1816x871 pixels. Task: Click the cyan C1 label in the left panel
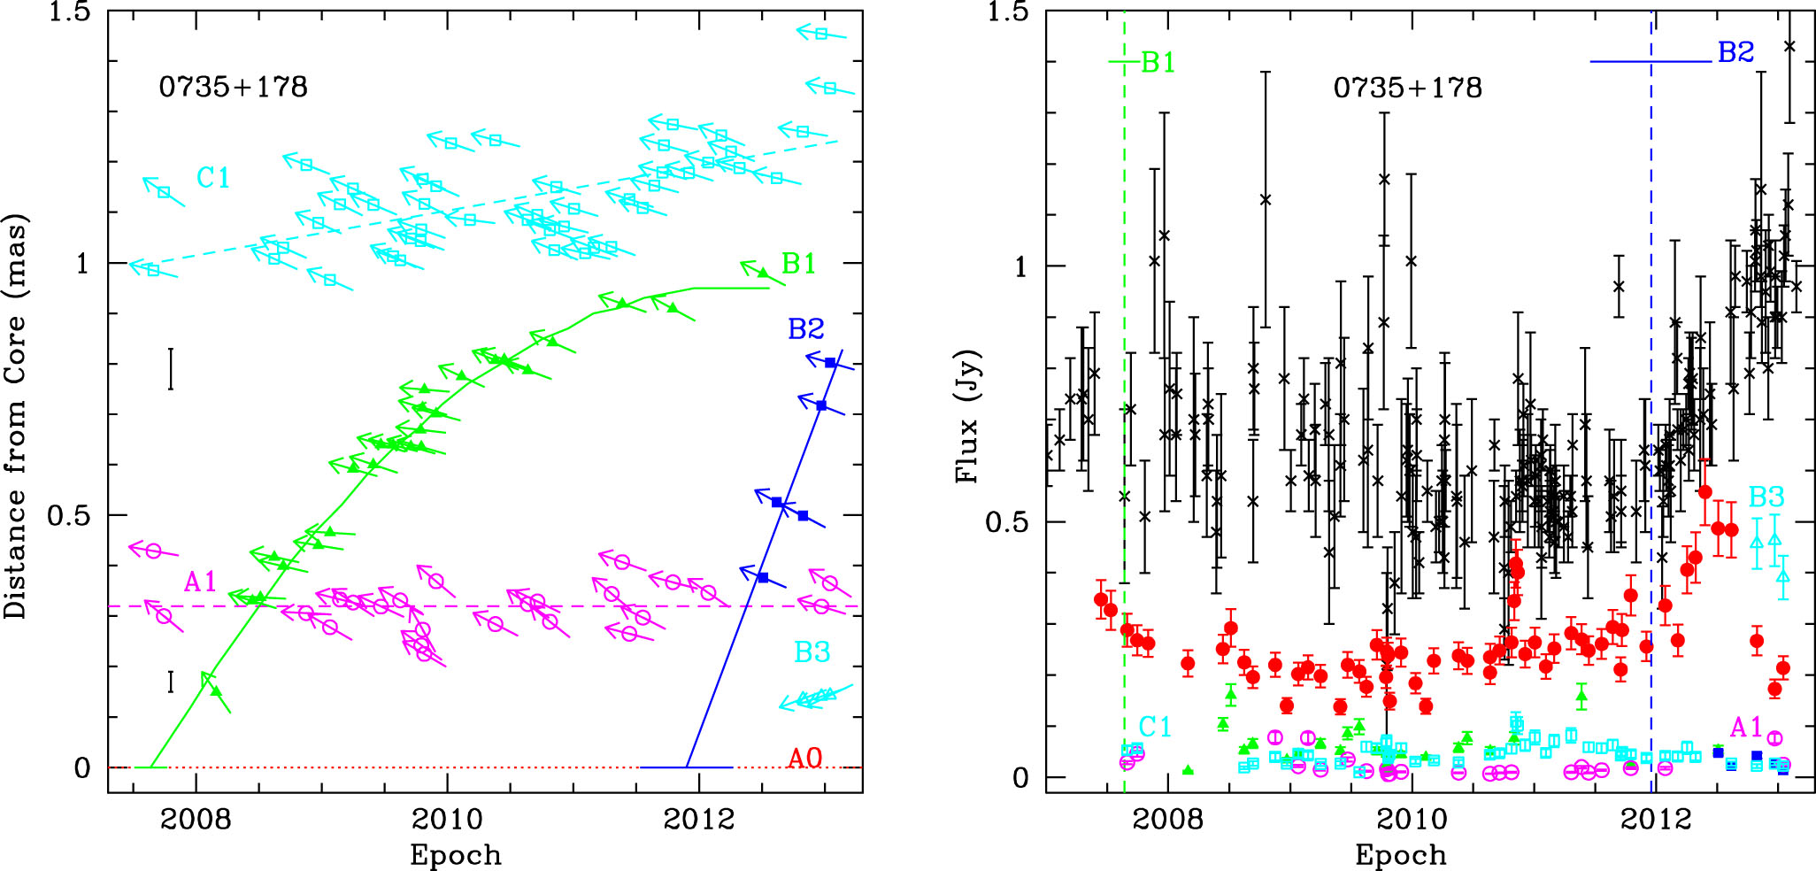(x=212, y=178)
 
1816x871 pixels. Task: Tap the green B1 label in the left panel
(x=798, y=264)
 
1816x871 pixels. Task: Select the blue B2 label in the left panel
(x=805, y=329)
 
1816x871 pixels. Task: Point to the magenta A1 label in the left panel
(x=200, y=582)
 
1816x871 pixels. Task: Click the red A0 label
(x=805, y=759)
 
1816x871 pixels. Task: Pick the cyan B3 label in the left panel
(x=812, y=652)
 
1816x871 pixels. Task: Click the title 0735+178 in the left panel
(x=233, y=87)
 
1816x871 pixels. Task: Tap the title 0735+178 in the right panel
(x=1407, y=88)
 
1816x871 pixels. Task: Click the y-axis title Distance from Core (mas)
(x=16, y=416)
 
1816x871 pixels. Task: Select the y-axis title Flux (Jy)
(x=967, y=416)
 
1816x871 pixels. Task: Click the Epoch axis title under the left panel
(x=455, y=855)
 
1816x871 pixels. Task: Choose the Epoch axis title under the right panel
(x=1400, y=855)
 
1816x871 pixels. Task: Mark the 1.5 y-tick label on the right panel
(x=1010, y=12)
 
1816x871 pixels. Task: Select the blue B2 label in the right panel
(x=1735, y=52)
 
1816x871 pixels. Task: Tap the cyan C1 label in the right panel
(x=1155, y=727)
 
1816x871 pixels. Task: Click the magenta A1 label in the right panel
(x=1746, y=728)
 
